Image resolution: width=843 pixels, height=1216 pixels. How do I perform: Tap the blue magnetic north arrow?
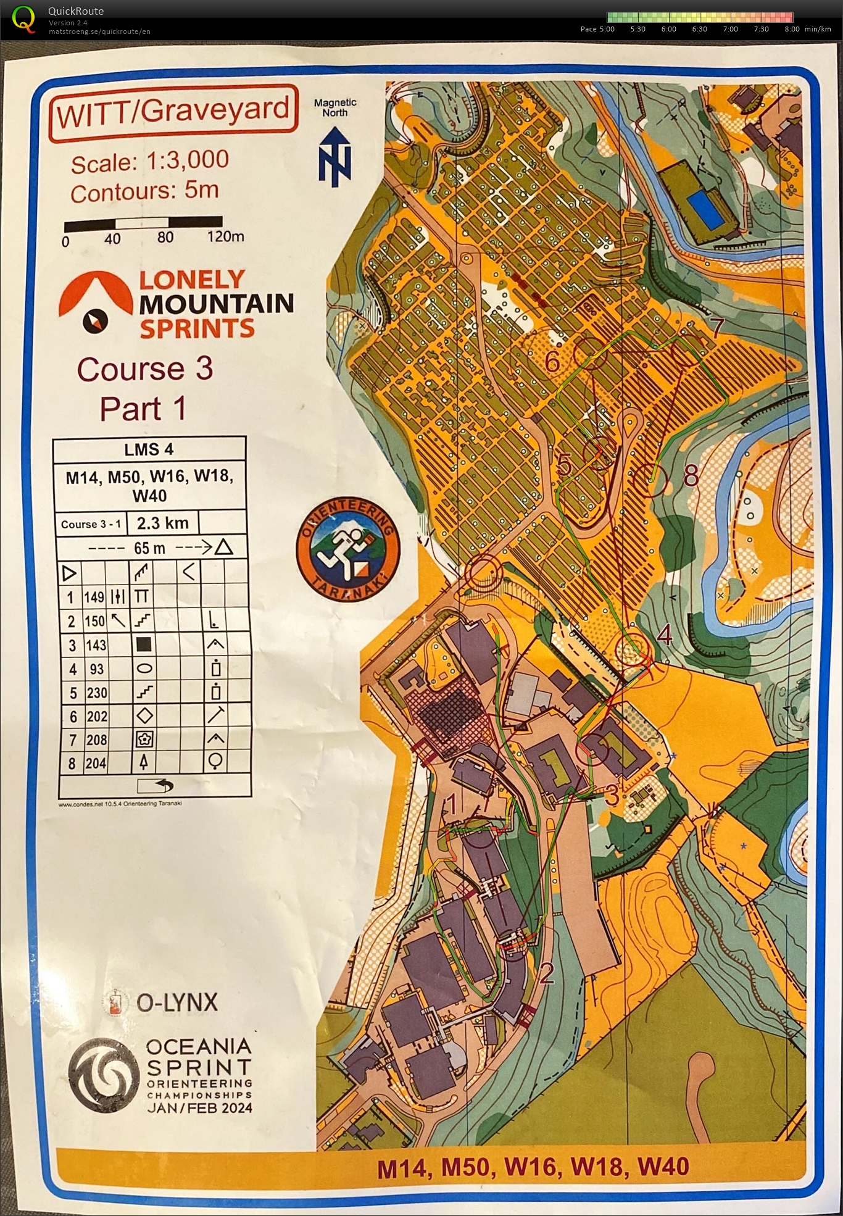[335, 157]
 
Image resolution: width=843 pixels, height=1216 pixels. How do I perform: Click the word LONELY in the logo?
[192, 280]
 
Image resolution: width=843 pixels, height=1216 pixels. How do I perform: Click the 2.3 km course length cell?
[162, 523]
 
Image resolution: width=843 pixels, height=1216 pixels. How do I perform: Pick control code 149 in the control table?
[94, 597]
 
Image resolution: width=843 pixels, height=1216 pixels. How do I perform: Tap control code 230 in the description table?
[96, 693]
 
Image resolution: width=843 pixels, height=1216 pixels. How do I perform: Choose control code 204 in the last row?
[96, 764]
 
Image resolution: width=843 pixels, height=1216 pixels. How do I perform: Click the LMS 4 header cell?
[149, 449]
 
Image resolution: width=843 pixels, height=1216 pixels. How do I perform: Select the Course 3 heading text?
[145, 369]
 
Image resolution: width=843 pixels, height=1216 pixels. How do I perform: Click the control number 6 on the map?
[552, 362]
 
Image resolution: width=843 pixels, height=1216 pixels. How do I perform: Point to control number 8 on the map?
[691, 476]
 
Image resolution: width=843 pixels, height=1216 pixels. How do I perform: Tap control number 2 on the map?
[547, 973]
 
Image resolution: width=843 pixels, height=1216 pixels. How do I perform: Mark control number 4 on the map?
[664, 635]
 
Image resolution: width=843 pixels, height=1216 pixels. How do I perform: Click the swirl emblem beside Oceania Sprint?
[104, 1075]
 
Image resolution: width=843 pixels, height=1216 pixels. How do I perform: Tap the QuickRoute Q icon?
[23, 19]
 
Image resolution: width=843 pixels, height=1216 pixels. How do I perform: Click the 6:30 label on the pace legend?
[699, 29]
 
